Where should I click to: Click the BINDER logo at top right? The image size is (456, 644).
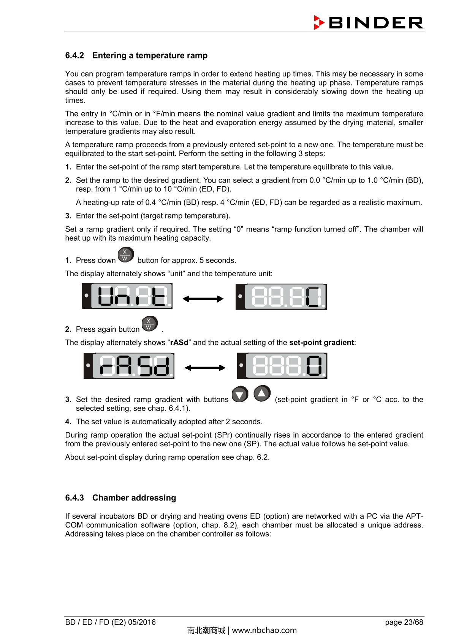369,23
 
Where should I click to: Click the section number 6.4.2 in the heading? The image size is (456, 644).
74,55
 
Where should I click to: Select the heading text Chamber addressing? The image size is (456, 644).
134,498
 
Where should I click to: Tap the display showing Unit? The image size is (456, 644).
127,296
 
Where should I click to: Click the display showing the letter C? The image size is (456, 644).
281,296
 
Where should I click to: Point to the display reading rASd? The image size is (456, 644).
129,366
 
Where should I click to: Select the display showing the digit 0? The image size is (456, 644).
282,366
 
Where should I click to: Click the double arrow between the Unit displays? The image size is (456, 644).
203,299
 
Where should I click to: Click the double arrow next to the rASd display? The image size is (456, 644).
205,368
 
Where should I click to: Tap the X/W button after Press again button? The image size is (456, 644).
149,324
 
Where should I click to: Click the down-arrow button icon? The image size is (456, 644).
240,395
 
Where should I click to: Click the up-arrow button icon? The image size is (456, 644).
262,394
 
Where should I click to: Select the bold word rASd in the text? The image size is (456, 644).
179,342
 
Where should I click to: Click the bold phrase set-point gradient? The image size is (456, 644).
321,342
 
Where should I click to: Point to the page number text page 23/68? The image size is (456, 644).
404,622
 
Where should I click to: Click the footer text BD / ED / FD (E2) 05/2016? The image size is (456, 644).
110,622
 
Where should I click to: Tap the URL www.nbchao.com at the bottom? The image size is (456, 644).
264,630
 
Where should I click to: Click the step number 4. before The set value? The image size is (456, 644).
68,422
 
